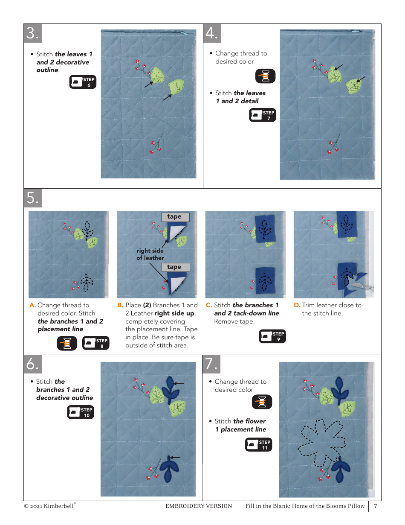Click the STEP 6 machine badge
coord(83,82)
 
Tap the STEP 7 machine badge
coord(263,115)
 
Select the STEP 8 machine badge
coord(96,343)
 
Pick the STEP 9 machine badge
coord(272,336)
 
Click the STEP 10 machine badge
coord(81,412)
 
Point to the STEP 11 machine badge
coord(259,445)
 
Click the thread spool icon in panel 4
coord(265,76)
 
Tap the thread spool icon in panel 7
coord(262,402)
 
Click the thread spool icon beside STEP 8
coord(67,343)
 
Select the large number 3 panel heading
coord(33,33)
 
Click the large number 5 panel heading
coord(33,198)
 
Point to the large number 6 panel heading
coord(33,364)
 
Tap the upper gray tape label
coord(175,217)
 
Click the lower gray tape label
coord(176,267)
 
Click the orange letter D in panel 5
coord(297,305)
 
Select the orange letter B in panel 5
coord(120,305)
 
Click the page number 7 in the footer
coord(376,506)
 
